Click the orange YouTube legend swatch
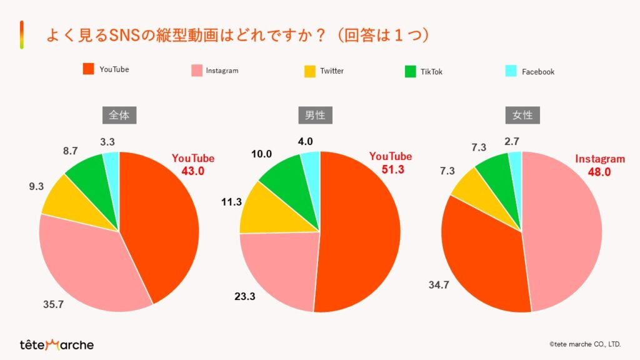[x=88, y=69]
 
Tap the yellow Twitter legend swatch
[x=310, y=71]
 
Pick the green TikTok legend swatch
[x=410, y=71]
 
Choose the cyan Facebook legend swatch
[x=511, y=71]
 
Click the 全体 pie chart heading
[x=119, y=116]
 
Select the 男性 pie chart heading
[x=319, y=116]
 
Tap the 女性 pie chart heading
[x=522, y=116]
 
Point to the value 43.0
[x=193, y=171]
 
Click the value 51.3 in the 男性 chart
[x=394, y=169]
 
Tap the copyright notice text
[x=585, y=344]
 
